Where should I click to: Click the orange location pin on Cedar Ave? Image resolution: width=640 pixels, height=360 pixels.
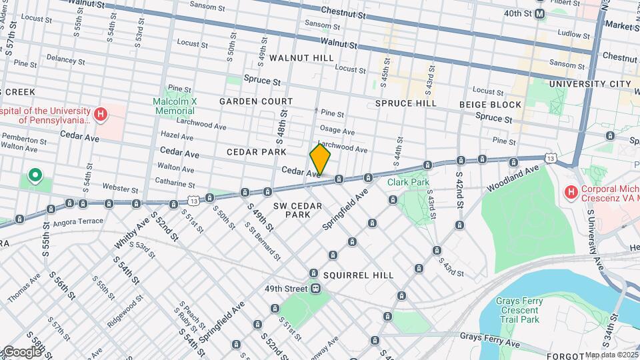click(320, 160)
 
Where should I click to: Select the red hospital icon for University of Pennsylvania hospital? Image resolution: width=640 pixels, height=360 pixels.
click(100, 115)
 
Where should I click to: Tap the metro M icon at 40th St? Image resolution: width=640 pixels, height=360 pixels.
click(539, 13)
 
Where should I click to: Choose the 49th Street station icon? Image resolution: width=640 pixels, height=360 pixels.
click(315, 289)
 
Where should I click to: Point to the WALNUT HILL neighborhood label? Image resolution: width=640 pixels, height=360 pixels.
click(301, 58)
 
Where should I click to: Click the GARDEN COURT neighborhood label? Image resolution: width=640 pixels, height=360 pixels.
click(256, 101)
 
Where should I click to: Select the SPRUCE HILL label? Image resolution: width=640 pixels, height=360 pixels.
click(405, 103)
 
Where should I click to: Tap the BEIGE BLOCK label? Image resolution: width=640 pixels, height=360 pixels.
click(490, 105)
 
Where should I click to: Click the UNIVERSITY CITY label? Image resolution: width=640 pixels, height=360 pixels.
click(589, 84)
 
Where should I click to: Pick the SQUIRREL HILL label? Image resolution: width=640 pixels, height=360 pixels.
click(358, 275)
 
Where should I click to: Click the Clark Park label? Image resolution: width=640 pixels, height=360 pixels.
click(409, 181)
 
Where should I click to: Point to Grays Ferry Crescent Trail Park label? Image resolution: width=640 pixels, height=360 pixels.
click(517, 311)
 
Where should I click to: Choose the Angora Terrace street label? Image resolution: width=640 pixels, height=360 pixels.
click(79, 221)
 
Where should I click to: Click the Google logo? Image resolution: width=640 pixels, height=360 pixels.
click(21, 351)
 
